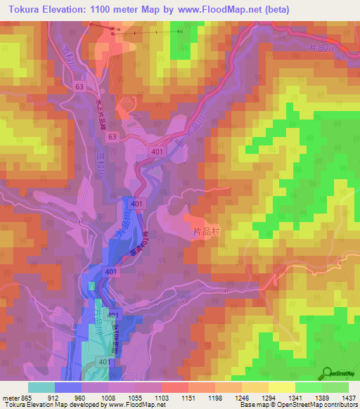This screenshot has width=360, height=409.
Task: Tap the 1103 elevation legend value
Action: pos(161,398)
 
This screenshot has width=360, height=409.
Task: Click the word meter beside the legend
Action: pos(10,398)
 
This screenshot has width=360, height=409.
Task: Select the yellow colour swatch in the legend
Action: pos(281,387)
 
